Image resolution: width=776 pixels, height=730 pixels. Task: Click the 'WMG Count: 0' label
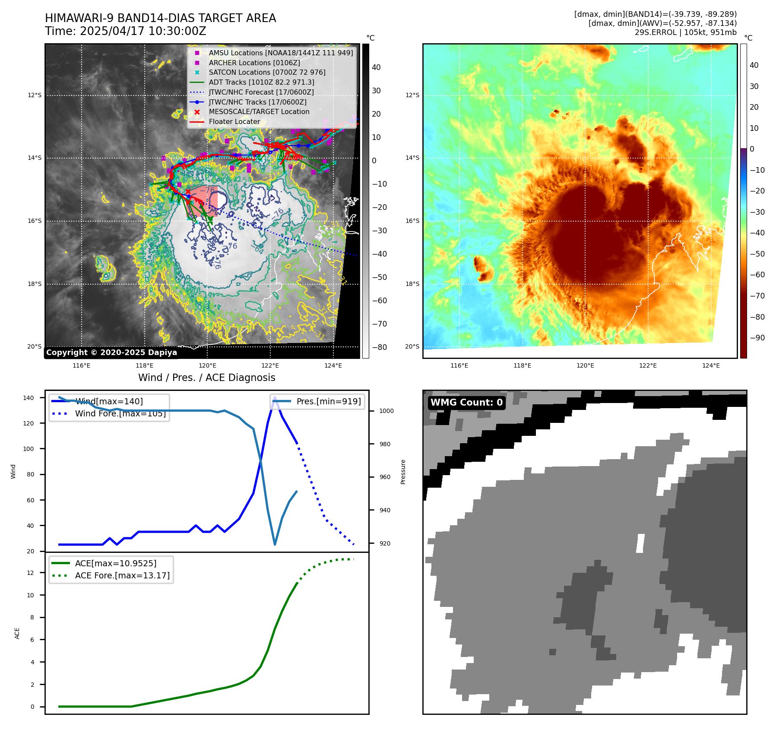point(466,402)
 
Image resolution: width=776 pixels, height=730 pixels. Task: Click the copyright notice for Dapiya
point(111,352)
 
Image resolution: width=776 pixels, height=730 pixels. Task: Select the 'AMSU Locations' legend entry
point(281,53)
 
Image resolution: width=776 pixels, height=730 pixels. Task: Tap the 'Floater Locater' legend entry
point(234,122)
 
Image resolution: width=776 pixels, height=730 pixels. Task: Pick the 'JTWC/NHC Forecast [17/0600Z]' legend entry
point(261,92)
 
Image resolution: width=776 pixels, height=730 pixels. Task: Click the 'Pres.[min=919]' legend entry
point(328,401)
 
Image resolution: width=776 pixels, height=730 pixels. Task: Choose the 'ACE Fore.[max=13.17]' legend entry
point(122,575)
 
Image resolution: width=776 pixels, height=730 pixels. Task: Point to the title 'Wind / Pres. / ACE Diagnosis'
point(206,378)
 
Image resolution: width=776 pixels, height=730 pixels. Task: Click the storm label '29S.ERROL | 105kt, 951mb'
point(685,32)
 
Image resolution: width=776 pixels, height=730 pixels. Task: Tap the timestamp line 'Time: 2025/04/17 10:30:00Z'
point(126,32)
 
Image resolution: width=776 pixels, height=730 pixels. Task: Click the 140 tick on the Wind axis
point(29,398)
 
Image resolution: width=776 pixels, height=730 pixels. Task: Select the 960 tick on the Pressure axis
point(386,477)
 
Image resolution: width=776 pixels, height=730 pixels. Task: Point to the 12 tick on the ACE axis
point(31,573)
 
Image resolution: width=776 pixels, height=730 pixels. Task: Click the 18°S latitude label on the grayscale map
point(35,284)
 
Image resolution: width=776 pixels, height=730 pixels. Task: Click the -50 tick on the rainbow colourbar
point(757,254)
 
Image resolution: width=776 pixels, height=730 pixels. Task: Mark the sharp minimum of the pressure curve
point(275,544)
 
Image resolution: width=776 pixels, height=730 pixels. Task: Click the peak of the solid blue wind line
point(275,397)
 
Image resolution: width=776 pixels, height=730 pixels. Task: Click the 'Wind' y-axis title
point(13,471)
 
